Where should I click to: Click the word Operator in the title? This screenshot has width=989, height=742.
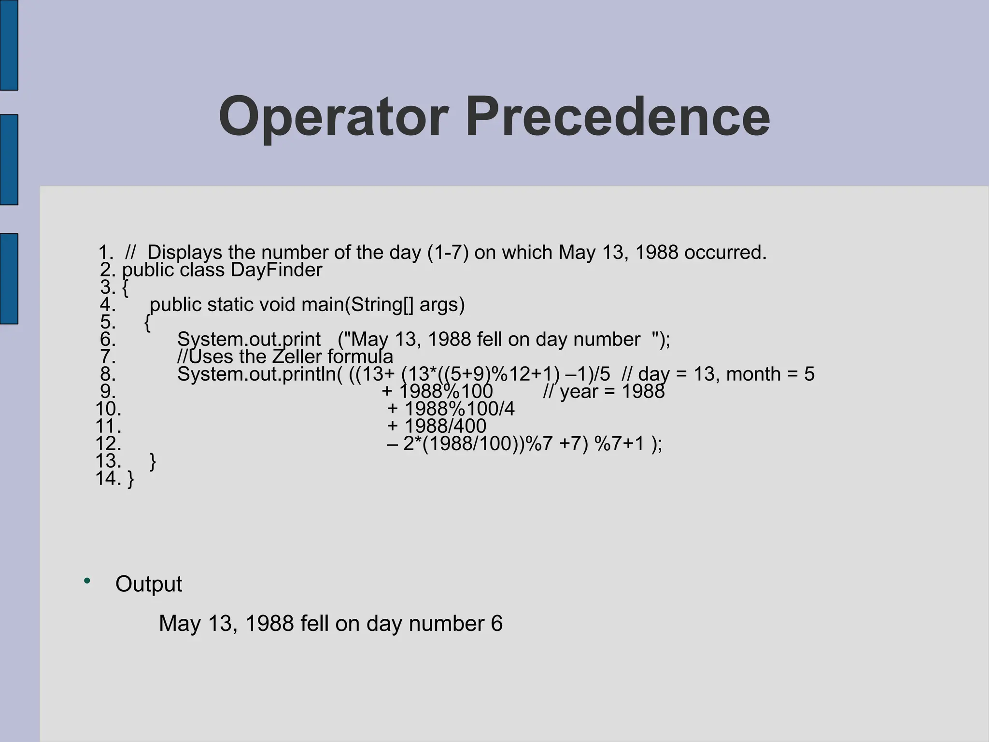[333, 117]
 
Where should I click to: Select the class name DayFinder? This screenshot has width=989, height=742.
[276, 270]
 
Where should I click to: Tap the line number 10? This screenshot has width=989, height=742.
[108, 409]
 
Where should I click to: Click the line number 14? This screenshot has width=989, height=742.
[108, 479]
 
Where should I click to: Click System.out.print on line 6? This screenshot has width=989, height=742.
[249, 340]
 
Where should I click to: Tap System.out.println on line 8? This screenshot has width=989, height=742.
[259, 374]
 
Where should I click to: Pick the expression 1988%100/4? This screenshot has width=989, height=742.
[459, 409]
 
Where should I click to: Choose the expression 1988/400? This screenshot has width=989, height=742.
[445, 427]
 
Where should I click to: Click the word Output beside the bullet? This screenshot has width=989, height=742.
[149, 584]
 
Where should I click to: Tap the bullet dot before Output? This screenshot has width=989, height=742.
[87, 581]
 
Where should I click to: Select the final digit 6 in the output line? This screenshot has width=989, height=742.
[497, 624]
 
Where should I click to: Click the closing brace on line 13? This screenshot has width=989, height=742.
[153, 462]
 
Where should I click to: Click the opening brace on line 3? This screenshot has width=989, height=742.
[126, 288]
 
